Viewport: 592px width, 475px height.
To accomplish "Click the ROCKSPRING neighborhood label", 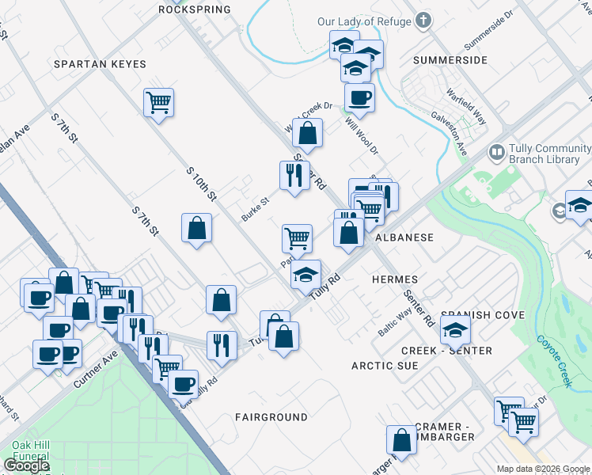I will point(194,9).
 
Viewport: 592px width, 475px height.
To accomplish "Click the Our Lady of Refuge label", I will point(364,21).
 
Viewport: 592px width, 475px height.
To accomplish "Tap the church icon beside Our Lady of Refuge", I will point(423,21).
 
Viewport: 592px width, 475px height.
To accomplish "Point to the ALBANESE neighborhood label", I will point(404,237).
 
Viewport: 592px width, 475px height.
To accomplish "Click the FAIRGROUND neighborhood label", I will point(271,416).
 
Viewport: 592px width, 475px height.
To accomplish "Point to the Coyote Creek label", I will point(553,361).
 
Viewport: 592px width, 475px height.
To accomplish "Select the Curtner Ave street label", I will point(95,369).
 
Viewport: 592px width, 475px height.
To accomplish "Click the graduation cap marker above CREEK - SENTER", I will point(455,329).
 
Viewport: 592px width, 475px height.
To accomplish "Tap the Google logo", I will point(26,465).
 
